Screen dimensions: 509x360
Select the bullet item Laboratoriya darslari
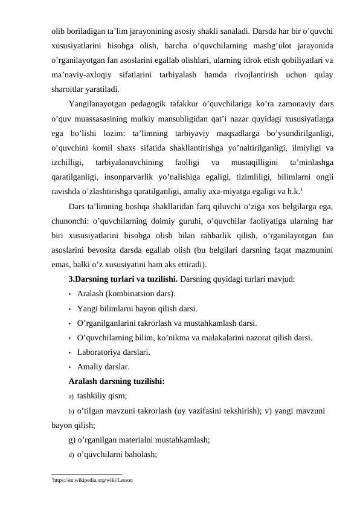[114, 352]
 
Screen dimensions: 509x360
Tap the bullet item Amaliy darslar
[103, 366]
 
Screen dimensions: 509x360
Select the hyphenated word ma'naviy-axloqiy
[82, 74]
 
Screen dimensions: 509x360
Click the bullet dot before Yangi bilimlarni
[71, 308]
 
